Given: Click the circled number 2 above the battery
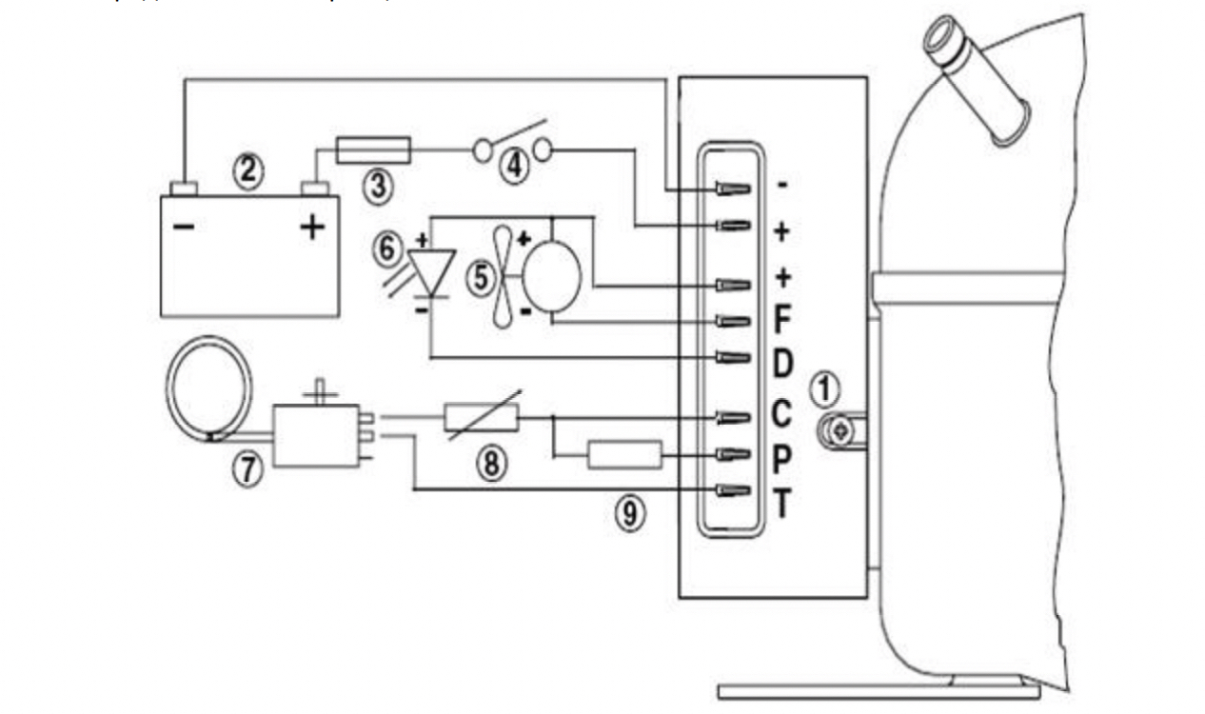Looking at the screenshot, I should [x=247, y=171].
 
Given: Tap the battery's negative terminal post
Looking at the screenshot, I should [x=183, y=188].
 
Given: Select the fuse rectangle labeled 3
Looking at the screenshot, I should [x=375, y=149].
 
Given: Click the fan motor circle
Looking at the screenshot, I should [x=552, y=276].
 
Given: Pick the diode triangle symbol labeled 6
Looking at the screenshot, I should [x=432, y=270].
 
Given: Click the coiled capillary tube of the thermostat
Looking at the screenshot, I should [x=208, y=394].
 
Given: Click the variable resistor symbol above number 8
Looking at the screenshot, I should [x=482, y=416].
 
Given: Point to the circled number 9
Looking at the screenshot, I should [x=628, y=514].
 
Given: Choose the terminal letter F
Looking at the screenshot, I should [x=782, y=321].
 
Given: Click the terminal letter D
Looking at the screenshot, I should [x=782, y=364].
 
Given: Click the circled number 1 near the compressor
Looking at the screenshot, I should [x=827, y=388].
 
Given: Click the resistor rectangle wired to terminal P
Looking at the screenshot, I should [x=624, y=455].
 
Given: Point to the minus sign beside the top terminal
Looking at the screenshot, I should [x=782, y=184].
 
